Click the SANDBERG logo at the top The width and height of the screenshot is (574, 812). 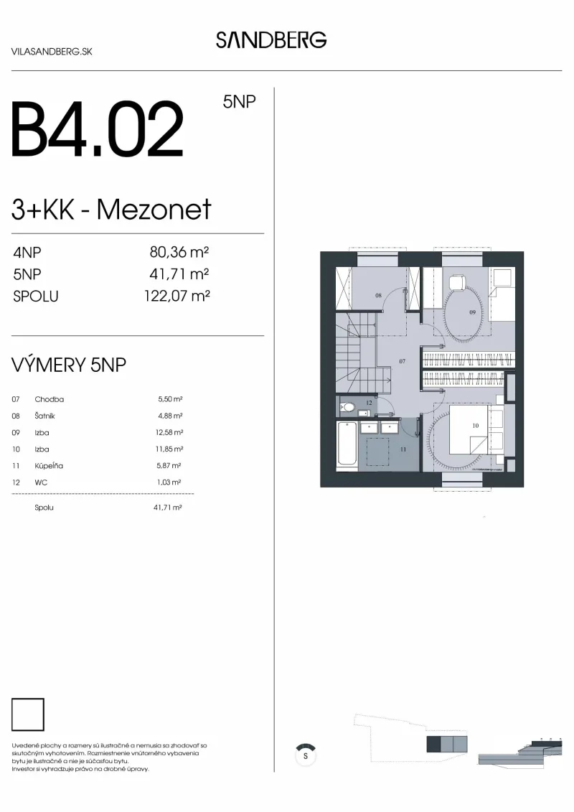[271, 40]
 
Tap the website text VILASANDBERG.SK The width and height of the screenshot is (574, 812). [51, 52]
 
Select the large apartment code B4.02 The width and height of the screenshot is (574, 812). [98, 129]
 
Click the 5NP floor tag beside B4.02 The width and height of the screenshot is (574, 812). [239, 101]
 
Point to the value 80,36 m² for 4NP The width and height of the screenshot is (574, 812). [179, 252]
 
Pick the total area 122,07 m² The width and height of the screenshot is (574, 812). [177, 297]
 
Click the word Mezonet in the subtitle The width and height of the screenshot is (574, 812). [154, 209]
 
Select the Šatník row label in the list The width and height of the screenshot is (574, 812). [44, 416]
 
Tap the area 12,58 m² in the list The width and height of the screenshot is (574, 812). [169, 432]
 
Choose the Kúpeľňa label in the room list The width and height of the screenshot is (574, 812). [49, 465]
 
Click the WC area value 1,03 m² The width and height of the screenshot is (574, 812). [169, 482]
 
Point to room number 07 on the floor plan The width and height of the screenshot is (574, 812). [403, 361]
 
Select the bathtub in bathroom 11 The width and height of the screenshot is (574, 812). [347, 444]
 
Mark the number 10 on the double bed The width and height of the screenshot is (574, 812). [475, 426]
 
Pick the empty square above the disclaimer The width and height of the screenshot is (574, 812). [28, 714]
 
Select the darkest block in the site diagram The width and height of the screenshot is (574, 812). [433, 745]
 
